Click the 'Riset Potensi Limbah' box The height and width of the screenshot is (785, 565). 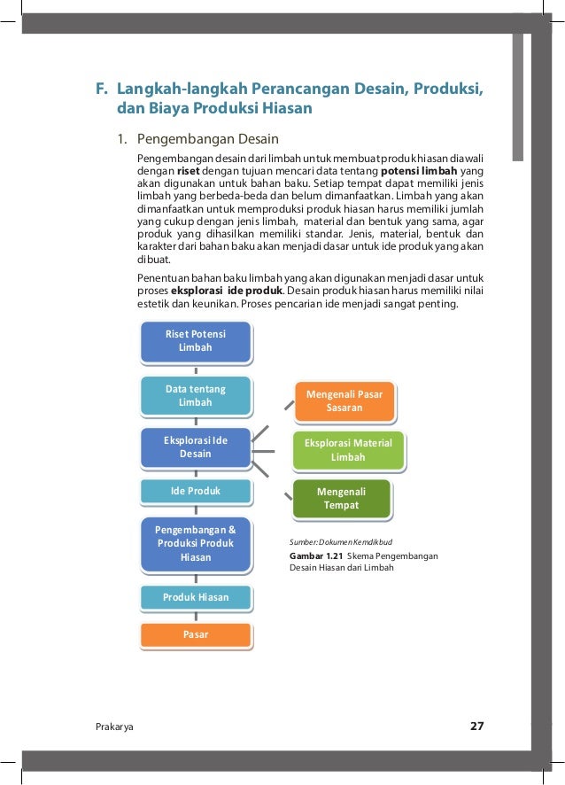click(196, 341)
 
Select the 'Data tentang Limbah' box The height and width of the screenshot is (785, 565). click(196, 396)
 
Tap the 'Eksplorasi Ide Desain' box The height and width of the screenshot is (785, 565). click(196, 447)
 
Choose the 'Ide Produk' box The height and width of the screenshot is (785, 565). click(196, 490)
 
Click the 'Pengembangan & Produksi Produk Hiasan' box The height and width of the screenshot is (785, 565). click(196, 544)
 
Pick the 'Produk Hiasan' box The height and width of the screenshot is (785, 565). click(196, 597)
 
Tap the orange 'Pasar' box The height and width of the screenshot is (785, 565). click(196, 634)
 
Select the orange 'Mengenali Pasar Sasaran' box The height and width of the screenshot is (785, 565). click(344, 400)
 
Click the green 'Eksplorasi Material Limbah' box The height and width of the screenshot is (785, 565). click(347, 450)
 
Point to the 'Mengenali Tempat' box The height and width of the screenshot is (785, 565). click(341, 498)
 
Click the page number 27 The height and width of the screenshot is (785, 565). click(476, 727)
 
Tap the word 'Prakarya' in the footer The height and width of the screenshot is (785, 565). click(114, 727)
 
